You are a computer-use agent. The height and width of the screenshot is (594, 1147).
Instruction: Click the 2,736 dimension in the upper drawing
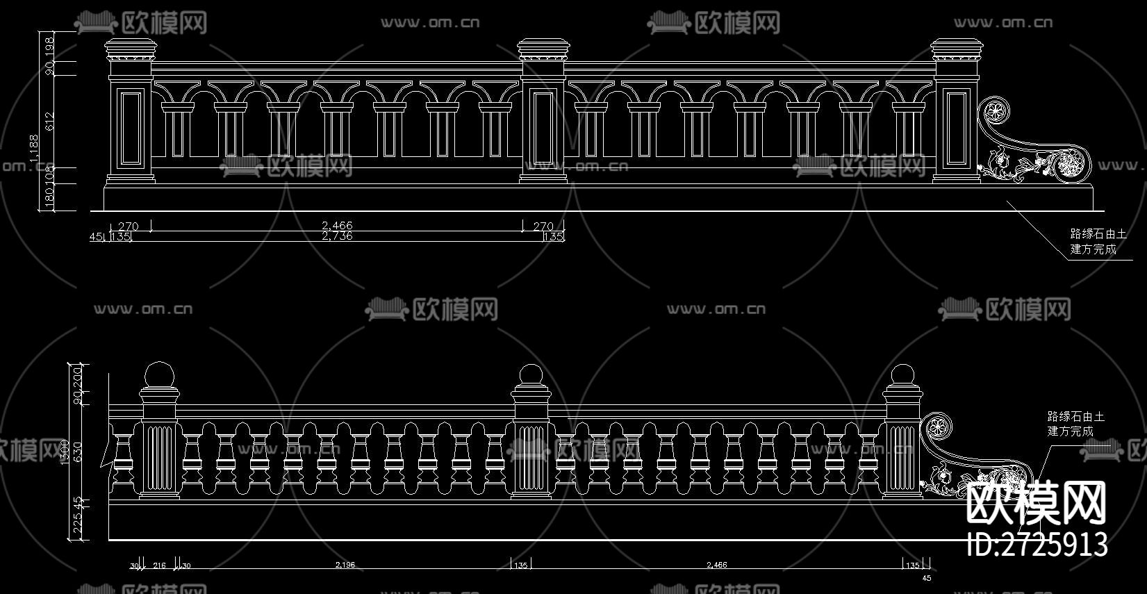pos(337,236)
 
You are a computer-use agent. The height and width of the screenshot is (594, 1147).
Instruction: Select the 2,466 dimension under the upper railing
pos(337,226)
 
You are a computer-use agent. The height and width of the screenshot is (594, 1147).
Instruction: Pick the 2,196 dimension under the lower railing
pos(345,565)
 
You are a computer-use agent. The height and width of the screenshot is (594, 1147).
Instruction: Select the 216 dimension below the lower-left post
pos(159,566)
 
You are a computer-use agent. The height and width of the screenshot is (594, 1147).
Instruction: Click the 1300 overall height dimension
pos(65,452)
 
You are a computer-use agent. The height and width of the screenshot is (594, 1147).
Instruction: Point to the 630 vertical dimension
pos(78,452)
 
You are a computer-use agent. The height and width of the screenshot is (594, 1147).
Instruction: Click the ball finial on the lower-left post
pos(160,376)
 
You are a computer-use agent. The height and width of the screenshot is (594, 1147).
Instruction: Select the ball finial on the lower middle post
pos(531,376)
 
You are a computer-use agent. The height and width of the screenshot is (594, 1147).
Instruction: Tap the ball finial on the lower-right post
pos(902,376)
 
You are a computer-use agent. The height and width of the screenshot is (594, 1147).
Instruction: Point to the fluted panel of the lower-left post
pos(160,458)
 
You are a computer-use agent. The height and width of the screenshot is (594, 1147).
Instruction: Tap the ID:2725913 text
pos(1037,544)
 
